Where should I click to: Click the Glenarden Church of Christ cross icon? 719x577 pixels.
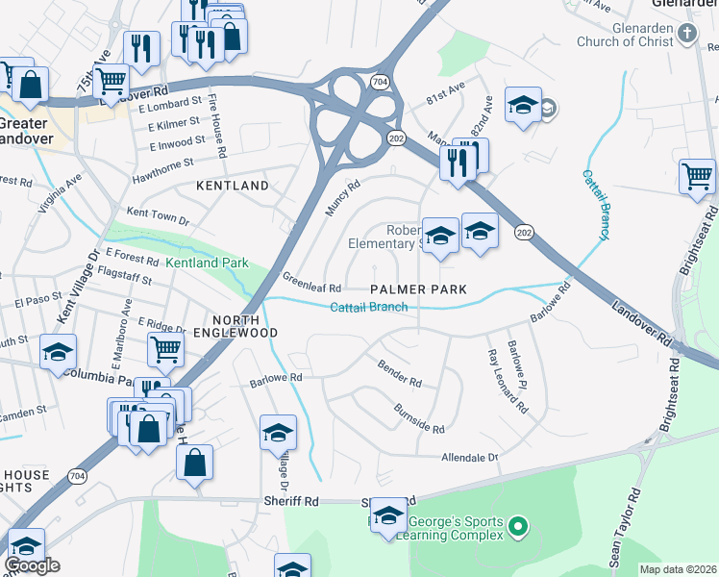pyautogui.click(x=686, y=34)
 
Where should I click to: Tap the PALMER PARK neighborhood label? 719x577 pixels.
pyautogui.click(x=419, y=289)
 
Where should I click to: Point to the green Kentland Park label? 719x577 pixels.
pyautogui.click(x=207, y=263)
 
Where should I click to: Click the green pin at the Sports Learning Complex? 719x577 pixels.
pyautogui.click(x=518, y=526)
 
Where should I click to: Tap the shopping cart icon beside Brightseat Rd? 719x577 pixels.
pyautogui.click(x=697, y=177)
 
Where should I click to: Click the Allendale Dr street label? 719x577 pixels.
pyautogui.click(x=469, y=458)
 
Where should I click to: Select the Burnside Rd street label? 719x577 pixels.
pyautogui.click(x=419, y=418)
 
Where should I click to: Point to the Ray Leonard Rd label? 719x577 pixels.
pyautogui.click(x=508, y=381)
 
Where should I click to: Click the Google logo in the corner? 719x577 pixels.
pyautogui.click(x=32, y=565)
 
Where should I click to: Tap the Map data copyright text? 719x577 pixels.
pyautogui.click(x=678, y=568)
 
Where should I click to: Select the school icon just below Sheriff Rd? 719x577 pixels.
pyautogui.click(x=388, y=515)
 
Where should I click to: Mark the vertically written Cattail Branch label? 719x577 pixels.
pyautogui.click(x=596, y=206)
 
